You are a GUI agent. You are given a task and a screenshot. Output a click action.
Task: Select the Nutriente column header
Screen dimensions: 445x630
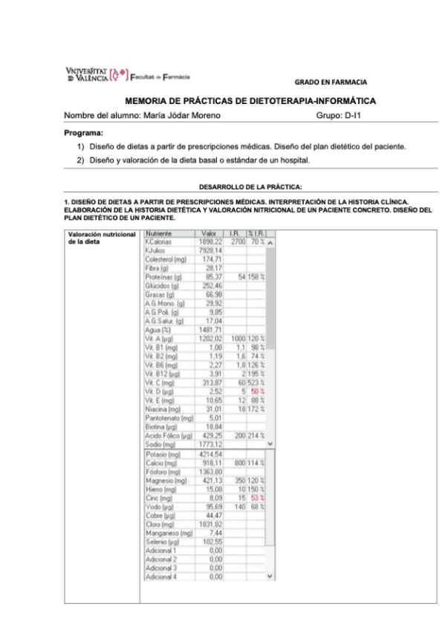pyautogui.click(x=161, y=234)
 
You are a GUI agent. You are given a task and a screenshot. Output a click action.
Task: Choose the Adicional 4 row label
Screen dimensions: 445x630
pyautogui.click(x=162, y=576)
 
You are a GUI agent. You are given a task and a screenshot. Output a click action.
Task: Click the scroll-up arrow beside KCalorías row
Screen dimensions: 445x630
pyautogui.click(x=270, y=243)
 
